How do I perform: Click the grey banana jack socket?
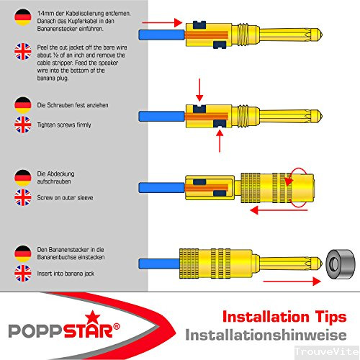point(341,264)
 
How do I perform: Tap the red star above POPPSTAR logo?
point(92,318)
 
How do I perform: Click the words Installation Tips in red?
point(284,317)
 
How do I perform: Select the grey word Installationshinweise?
point(266,335)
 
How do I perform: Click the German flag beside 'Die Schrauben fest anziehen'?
point(23,105)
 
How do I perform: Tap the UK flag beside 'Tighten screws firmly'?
point(23,125)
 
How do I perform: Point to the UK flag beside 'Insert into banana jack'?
point(23,273)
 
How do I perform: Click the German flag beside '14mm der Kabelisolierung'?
point(23,17)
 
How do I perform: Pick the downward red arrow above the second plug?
point(199,90)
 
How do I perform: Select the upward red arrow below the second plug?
point(220,140)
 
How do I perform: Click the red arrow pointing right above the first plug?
point(162,22)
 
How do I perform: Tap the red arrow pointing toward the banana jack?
point(292,281)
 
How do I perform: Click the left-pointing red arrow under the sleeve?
point(279,210)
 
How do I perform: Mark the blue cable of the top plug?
point(162,35)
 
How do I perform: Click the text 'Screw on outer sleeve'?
point(65,197)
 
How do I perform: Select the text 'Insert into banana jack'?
point(66,274)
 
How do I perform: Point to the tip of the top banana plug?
point(321,35)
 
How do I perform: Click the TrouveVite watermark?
point(327,352)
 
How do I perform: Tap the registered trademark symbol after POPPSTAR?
point(116,327)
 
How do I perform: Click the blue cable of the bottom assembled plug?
point(159,264)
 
